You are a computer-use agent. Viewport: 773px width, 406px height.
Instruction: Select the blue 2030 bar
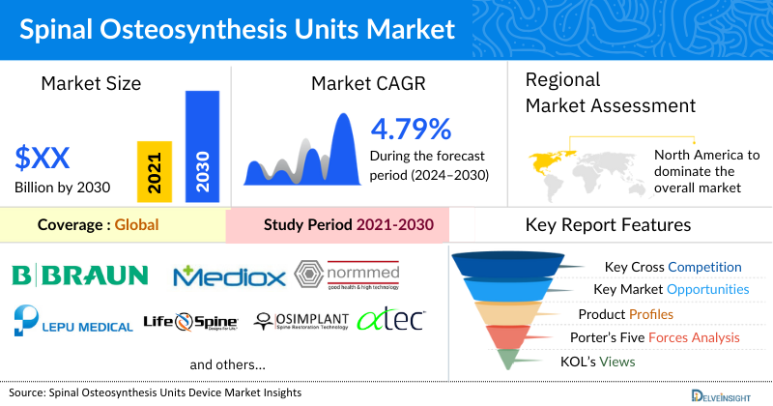pos(202,146)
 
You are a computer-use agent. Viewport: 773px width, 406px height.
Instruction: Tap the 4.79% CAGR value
pos(411,129)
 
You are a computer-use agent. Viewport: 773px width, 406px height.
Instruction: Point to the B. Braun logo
pos(79,276)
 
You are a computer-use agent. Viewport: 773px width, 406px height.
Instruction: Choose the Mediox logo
pos(229,277)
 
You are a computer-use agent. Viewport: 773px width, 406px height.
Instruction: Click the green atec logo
pos(390,319)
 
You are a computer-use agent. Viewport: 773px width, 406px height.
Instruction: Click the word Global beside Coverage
pos(136,225)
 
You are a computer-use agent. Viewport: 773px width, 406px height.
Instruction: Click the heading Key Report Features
pos(608,225)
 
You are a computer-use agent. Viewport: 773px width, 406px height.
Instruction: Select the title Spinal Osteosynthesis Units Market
pos(231,29)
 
